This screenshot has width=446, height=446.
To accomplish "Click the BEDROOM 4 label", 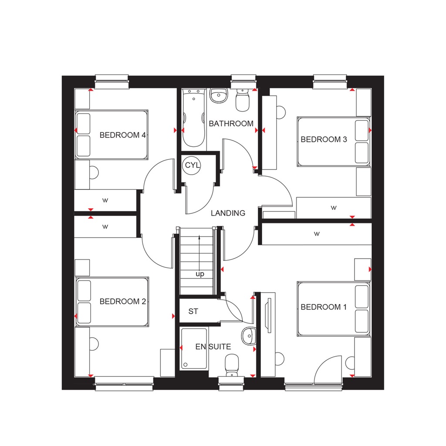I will coord(122,135).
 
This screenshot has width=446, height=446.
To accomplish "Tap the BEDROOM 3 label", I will coord(324,139).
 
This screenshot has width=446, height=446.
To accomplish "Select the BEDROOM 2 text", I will coord(122,301).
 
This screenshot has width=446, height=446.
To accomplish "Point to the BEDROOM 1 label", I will coord(324,307).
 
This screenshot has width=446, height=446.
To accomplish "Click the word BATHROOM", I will coord(231,124).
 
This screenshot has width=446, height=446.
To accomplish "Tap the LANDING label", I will coord(228,213).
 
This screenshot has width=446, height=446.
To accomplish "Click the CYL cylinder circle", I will coord(192,166).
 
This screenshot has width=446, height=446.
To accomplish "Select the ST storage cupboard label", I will coord(193,312).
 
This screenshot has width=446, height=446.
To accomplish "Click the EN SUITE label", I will coord(213,347).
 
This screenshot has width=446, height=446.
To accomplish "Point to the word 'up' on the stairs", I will coord(200,274).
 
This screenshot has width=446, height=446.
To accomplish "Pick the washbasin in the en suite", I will coord(248,335).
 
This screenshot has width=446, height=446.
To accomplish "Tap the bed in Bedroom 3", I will coord(334,141).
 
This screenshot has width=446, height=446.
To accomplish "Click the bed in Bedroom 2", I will coord(112,302).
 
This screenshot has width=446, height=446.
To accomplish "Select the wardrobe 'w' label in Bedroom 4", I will coord(105,200).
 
